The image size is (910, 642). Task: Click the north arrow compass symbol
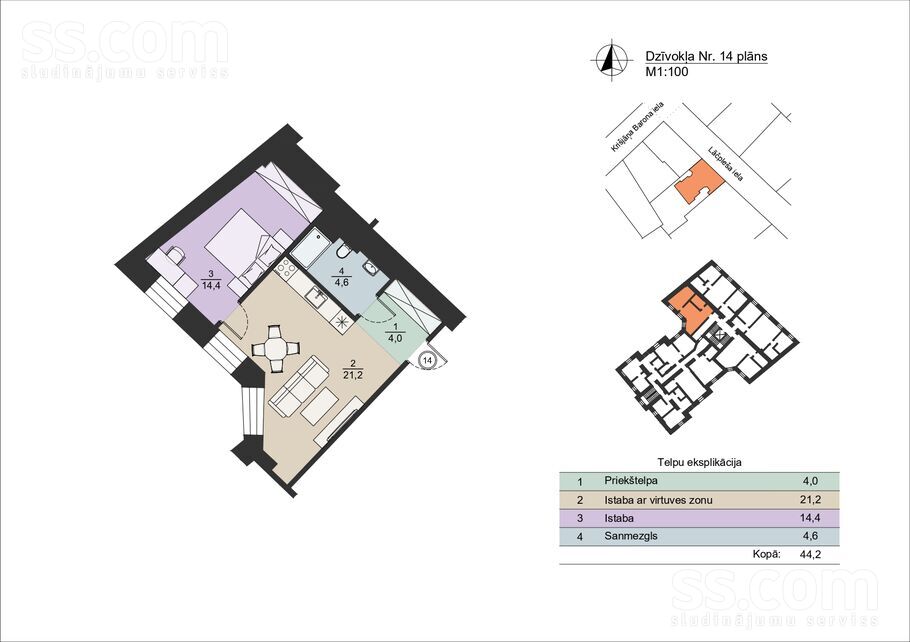point(611,60)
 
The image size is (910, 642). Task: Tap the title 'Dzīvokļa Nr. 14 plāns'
point(706,56)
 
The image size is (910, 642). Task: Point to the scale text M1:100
point(667,72)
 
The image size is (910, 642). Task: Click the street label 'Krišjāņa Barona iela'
point(637,128)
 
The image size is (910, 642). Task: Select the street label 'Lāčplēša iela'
point(725,164)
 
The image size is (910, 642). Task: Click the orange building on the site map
point(699,182)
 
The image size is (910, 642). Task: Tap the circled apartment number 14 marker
point(428,360)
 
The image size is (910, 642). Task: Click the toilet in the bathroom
point(344,251)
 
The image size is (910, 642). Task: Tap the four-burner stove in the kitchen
point(285,268)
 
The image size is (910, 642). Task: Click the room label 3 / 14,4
point(211,280)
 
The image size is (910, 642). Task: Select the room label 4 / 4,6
point(341,277)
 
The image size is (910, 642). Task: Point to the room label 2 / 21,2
point(352,369)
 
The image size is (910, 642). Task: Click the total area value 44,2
point(810,554)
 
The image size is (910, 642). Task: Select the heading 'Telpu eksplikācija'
point(699,463)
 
